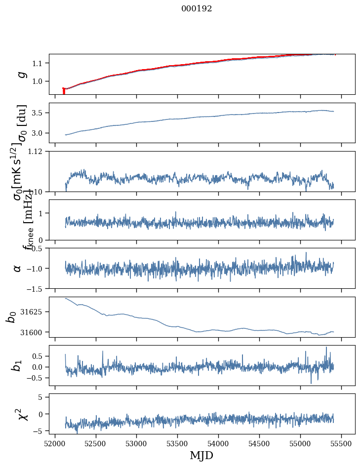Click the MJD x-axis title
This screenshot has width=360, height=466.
pyautogui.click(x=201, y=455)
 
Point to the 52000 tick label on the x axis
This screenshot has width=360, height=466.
pyautogui.click(x=55, y=443)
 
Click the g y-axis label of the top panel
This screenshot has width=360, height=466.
pyautogui.click(x=21, y=74)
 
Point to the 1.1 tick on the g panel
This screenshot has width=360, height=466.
pyautogui.click(x=38, y=63)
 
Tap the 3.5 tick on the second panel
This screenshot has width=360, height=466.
pyautogui.click(x=38, y=113)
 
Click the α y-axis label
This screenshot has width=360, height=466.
pyautogui.click(x=18, y=268)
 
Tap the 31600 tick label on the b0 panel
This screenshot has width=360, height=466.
pyautogui.click(x=32, y=332)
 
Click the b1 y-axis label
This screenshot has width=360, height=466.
pyautogui.click(x=18, y=365)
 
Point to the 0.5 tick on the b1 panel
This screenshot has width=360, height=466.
pyautogui.click(x=38, y=356)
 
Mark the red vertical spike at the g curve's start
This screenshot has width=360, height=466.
pyautogui.click(x=64, y=91)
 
